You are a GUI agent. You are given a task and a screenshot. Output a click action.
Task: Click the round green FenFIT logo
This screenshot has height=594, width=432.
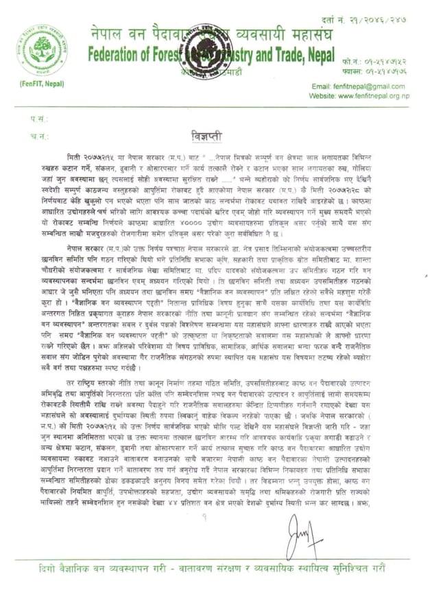click(43, 49)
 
